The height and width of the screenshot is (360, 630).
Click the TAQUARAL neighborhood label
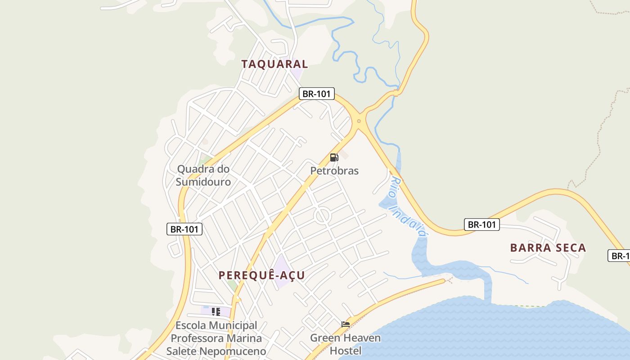coord(274,64)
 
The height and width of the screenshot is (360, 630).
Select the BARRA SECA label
coord(548,247)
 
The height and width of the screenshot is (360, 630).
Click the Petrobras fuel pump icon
coord(334,157)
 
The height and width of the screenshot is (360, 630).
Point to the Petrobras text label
coord(334,171)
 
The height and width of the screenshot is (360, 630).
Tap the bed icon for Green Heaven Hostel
coord(346,324)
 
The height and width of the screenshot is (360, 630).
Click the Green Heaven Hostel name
coord(345,344)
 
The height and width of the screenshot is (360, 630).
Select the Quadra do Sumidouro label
coord(203,175)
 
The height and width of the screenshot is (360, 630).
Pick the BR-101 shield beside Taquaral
coord(317,94)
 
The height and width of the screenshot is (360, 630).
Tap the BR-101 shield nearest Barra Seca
coord(482,225)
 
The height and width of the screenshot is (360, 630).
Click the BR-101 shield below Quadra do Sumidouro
coord(184,229)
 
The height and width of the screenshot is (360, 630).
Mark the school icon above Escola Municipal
coord(216,311)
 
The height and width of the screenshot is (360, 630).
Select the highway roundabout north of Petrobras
coord(359,121)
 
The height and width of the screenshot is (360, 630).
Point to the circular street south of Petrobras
coord(323,216)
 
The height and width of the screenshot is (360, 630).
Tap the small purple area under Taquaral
coord(297,73)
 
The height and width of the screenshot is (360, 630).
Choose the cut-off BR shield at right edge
coord(619,256)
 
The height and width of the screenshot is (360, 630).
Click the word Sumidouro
coord(203,182)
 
